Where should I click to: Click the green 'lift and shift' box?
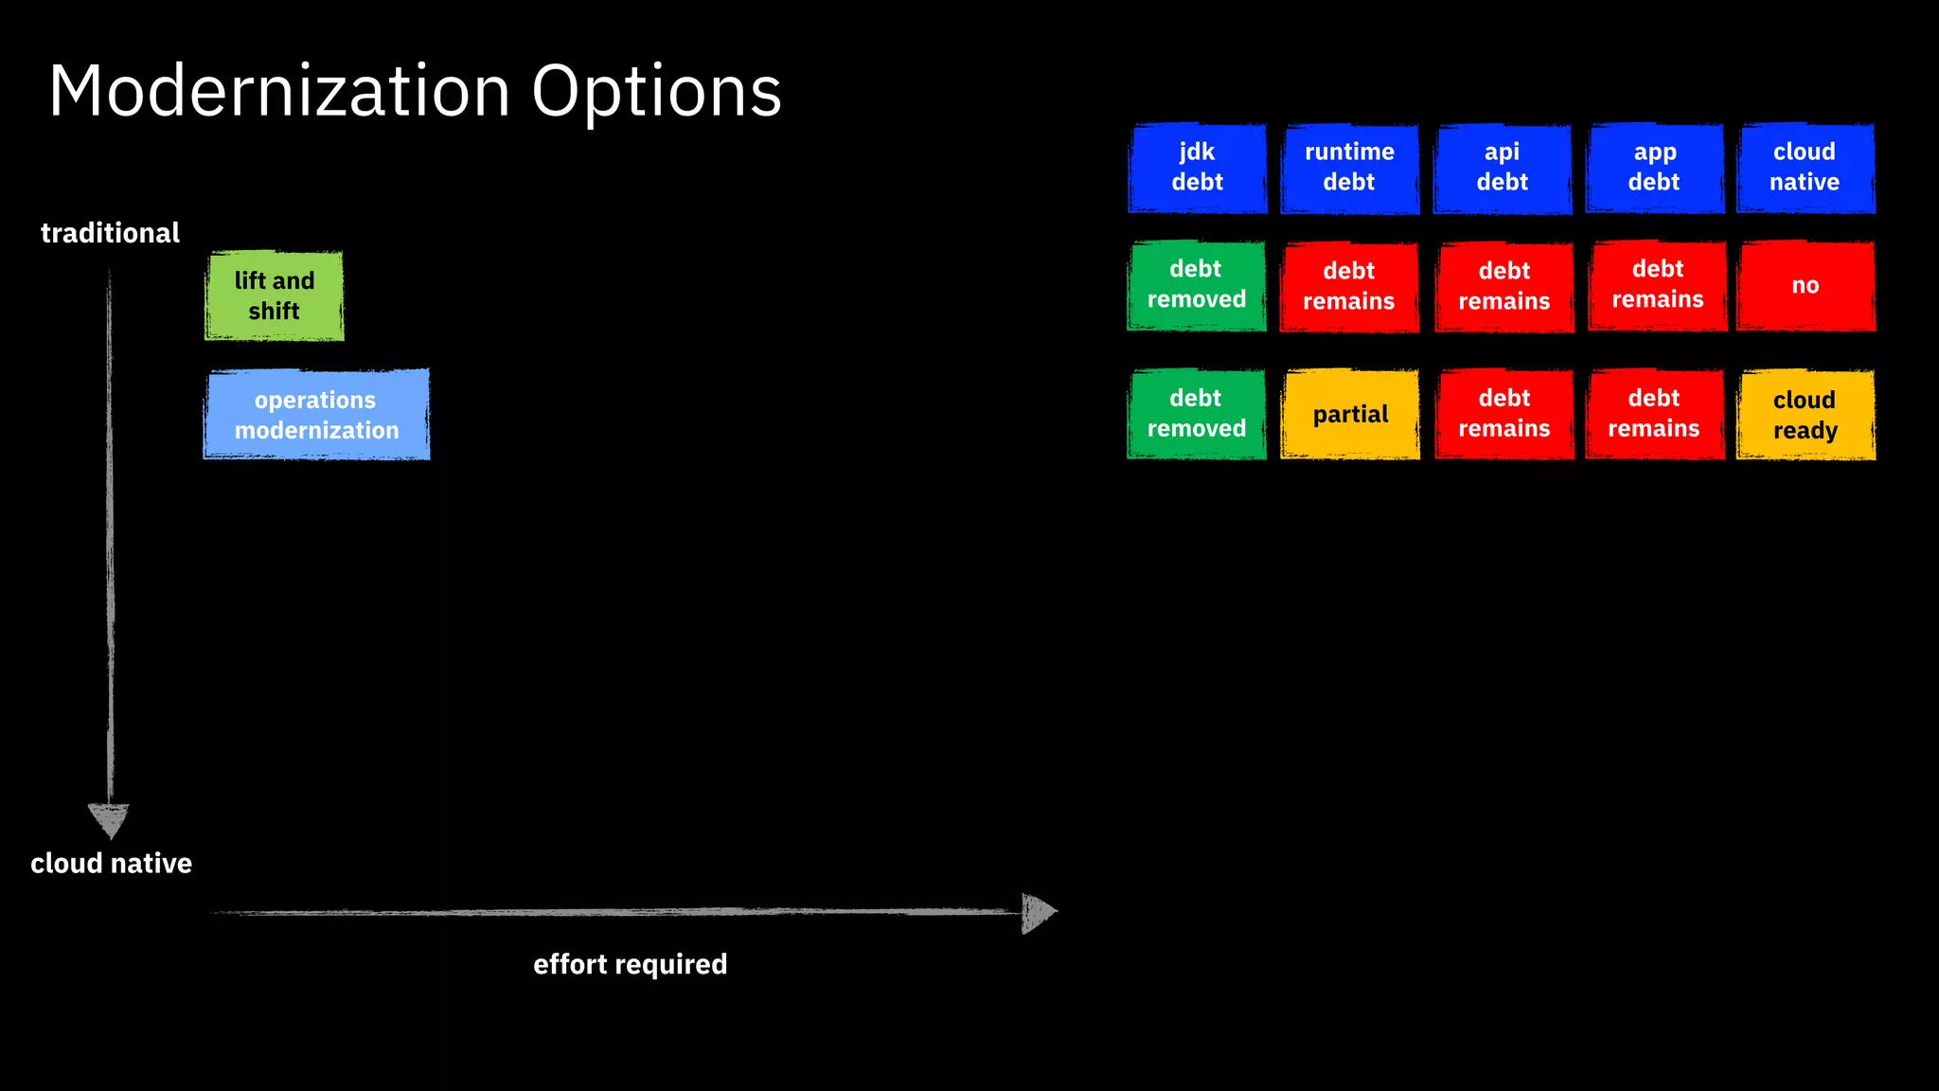tap(275, 295)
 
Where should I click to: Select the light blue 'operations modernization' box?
tap(316, 415)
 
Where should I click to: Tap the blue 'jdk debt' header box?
tap(1197, 168)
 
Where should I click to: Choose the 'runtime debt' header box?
tap(1349, 168)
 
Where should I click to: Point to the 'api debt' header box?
tap(1502, 168)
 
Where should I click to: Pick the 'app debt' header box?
tap(1654, 168)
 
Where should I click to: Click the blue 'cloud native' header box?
tap(1805, 168)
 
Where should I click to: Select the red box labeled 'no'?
tap(1805, 285)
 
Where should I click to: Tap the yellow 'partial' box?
tap(1349, 415)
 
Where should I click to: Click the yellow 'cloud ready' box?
tap(1805, 415)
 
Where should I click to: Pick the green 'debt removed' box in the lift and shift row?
tap(1196, 285)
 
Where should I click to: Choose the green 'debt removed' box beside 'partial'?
tap(1196, 414)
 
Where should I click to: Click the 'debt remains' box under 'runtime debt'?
tap(1348, 286)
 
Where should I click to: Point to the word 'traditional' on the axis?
tap(110, 233)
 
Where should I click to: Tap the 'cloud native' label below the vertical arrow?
tap(111, 864)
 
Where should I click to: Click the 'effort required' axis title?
tap(630, 964)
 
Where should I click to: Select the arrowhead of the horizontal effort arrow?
tap(1038, 913)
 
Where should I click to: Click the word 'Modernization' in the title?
tap(279, 91)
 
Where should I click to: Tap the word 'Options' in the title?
tap(656, 91)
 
